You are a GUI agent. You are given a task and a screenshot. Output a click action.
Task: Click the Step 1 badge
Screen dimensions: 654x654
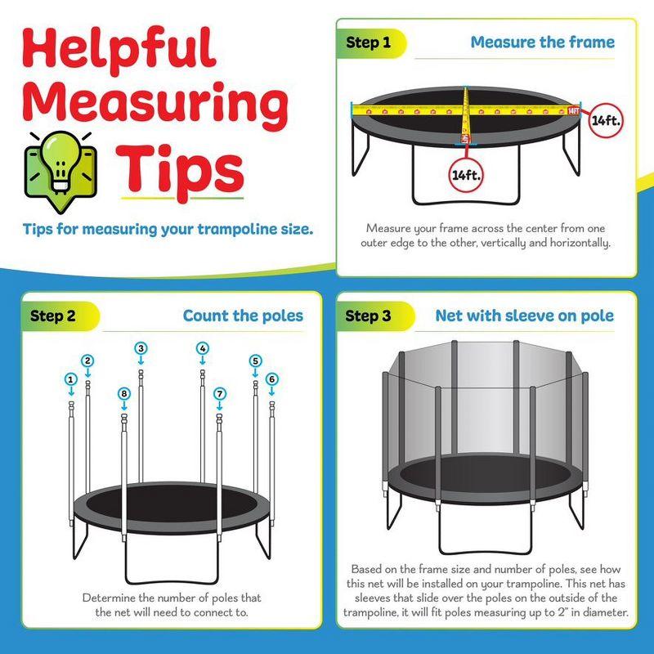pos(369,43)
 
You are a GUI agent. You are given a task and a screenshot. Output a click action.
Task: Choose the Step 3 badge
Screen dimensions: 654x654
pos(368,316)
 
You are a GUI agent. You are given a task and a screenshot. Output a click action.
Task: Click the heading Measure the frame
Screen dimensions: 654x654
pos(542,42)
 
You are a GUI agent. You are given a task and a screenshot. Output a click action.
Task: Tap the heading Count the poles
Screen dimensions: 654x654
pos(243,316)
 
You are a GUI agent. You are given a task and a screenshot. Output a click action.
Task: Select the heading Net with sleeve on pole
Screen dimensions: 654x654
pos(524,316)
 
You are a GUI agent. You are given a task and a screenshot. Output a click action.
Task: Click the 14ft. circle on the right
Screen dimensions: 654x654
pos(606,120)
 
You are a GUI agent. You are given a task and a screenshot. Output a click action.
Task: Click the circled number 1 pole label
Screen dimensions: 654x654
pos(71,379)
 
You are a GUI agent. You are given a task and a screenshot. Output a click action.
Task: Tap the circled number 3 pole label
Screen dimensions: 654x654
pos(141,348)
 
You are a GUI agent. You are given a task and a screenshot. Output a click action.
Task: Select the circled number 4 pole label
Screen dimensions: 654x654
pos(202,348)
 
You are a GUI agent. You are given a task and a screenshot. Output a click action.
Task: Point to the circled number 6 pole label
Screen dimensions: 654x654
pos(271,379)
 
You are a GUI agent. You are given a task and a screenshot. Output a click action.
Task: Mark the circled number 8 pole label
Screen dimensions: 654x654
pos(123,394)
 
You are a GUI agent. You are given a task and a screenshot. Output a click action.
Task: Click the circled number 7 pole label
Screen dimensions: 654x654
pos(219,394)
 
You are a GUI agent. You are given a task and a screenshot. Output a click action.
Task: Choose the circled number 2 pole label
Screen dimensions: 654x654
pos(87,361)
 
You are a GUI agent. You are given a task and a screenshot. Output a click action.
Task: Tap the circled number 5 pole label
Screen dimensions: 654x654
pos(255,361)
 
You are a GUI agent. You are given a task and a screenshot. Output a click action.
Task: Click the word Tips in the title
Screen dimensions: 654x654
pos(182,169)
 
